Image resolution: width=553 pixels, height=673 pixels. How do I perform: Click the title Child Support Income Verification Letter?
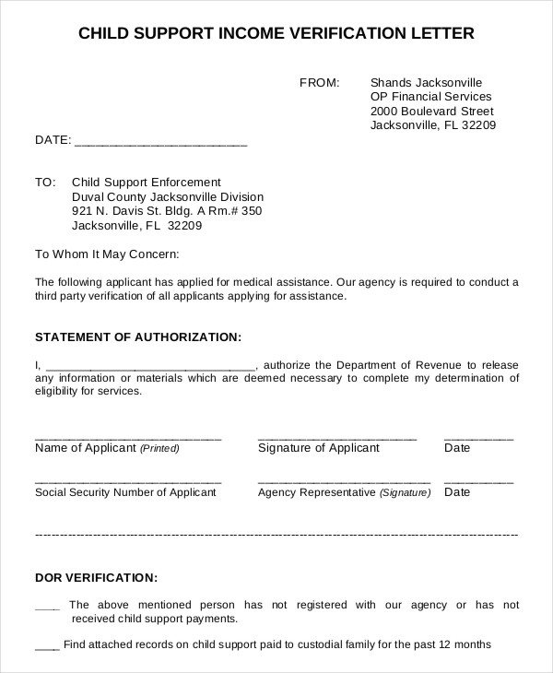point(276,35)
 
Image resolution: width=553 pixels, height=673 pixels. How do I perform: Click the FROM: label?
point(320,82)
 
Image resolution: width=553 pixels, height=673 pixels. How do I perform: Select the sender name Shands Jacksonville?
point(426,82)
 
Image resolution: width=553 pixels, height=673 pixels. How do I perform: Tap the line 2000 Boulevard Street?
point(425,112)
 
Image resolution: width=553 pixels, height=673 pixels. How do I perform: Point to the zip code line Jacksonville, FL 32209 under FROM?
point(433,126)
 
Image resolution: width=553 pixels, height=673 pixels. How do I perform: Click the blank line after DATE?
point(160,142)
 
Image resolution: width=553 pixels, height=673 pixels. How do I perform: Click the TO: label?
point(45,183)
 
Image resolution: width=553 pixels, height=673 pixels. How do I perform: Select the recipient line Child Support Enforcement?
point(147,183)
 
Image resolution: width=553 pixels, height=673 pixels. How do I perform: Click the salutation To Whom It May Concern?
point(107,254)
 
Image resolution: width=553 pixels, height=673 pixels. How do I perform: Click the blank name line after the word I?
point(149,365)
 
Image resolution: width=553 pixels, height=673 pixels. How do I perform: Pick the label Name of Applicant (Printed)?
point(107,448)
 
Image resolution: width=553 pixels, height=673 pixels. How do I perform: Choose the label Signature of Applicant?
point(318,448)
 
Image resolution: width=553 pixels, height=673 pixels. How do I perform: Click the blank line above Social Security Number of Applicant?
point(128,480)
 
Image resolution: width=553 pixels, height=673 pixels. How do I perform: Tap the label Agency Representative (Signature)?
point(344,492)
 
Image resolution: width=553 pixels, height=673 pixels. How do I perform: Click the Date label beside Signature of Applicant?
point(457,448)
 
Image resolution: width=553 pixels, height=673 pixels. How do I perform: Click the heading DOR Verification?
point(96,578)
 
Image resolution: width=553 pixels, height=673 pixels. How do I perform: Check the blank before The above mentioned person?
point(47,606)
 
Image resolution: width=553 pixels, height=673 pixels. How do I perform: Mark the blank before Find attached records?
point(47,644)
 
